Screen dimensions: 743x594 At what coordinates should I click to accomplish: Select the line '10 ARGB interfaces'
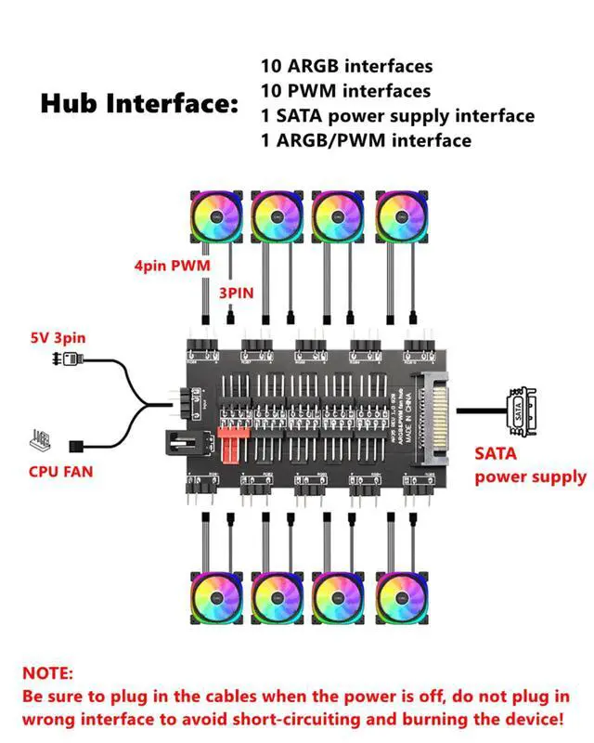pos(347,67)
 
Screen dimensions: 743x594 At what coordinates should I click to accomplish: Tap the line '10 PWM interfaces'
pos(346,91)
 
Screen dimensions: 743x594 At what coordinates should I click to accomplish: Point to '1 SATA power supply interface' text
pos(398,116)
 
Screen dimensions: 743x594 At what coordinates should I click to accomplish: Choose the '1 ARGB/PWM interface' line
pos(367,140)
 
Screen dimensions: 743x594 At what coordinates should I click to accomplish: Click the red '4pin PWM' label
pos(174,267)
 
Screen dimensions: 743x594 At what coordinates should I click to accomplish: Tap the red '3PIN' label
pos(236,292)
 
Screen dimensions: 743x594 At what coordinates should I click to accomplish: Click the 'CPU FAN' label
pos(61,472)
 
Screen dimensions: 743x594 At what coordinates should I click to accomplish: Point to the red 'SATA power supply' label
pos(529,465)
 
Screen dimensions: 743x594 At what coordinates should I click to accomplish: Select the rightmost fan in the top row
pos(403,215)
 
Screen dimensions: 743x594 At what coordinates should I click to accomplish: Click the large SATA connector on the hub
pos(436,409)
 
